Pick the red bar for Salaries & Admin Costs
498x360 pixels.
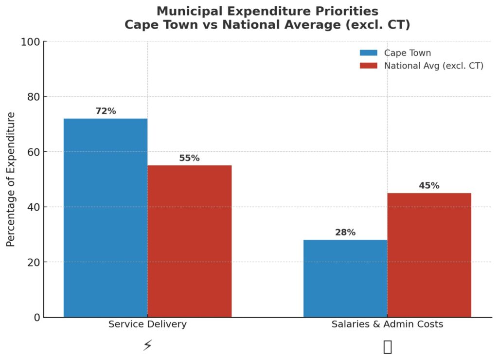pyautogui.click(x=429, y=255)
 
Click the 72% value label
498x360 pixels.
pyautogui.click(x=106, y=111)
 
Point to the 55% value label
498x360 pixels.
pyautogui.click(x=189, y=158)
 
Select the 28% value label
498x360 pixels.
pyautogui.click(x=345, y=233)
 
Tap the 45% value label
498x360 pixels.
pyautogui.click(x=429, y=185)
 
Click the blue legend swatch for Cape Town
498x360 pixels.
pyautogui.click(x=369, y=53)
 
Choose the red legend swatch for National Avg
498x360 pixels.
pyautogui.click(x=369, y=66)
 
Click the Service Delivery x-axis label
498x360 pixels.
pyautogui.click(x=147, y=324)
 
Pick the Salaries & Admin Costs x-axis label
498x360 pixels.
pyautogui.click(x=387, y=324)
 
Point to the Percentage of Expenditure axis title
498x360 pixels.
pyautogui.click(x=11, y=179)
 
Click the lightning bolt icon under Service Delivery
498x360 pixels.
pyautogui.click(x=147, y=346)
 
